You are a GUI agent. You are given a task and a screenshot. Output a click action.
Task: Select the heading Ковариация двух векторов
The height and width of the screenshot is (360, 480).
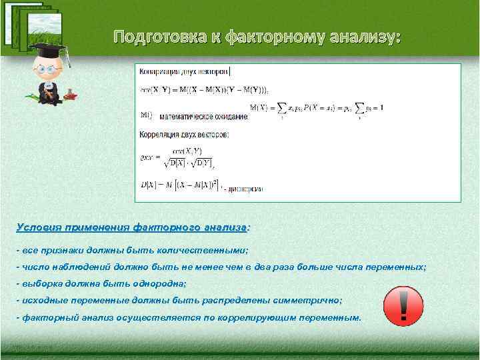(x=184, y=71)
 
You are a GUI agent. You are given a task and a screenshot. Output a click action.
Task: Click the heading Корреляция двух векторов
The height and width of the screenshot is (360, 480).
(x=184, y=135)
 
